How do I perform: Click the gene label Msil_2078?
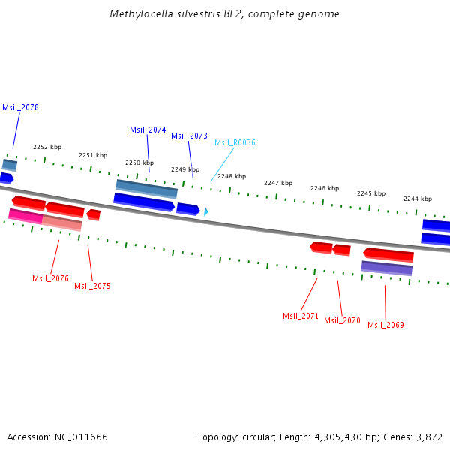pyautogui.click(x=20, y=108)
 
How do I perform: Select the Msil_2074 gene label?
pyautogui.click(x=148, y=130)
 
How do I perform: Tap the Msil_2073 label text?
pyautogui.click(x=189, y=136)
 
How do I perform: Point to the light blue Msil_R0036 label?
pyautogui.click(x=235, y=143)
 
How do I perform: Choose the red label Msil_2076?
pyautogui.click(x=50, y=279)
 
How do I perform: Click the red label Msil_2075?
pyautogui.click(x=92, y=286)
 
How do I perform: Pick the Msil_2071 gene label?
pyautogui.click(x=301, y=316)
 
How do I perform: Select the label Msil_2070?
pyautogui.click(x=342, y=321)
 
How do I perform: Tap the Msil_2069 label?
pyautogui.click(x=385, y=325)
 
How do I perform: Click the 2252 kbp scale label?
pyautogui.click(x=47, y=148)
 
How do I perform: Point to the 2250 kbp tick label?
pyautogui.click(x=139, y=163)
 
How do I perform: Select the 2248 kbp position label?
pyautogui.click(x=232, y=177)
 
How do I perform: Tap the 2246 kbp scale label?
pyautogui.click(x=325, y=189)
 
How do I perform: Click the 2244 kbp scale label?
pyautogui.click(x=418, y=199)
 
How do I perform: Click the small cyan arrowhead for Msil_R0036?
pyautogui.click(x=205, y=212)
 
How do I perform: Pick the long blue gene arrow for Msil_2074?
pyautogui.click(x=144, y=202)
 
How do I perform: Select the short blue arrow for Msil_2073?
pyautogui.click(x=188, y=209)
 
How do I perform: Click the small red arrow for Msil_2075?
pyautogui.click(x=94, y=214)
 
